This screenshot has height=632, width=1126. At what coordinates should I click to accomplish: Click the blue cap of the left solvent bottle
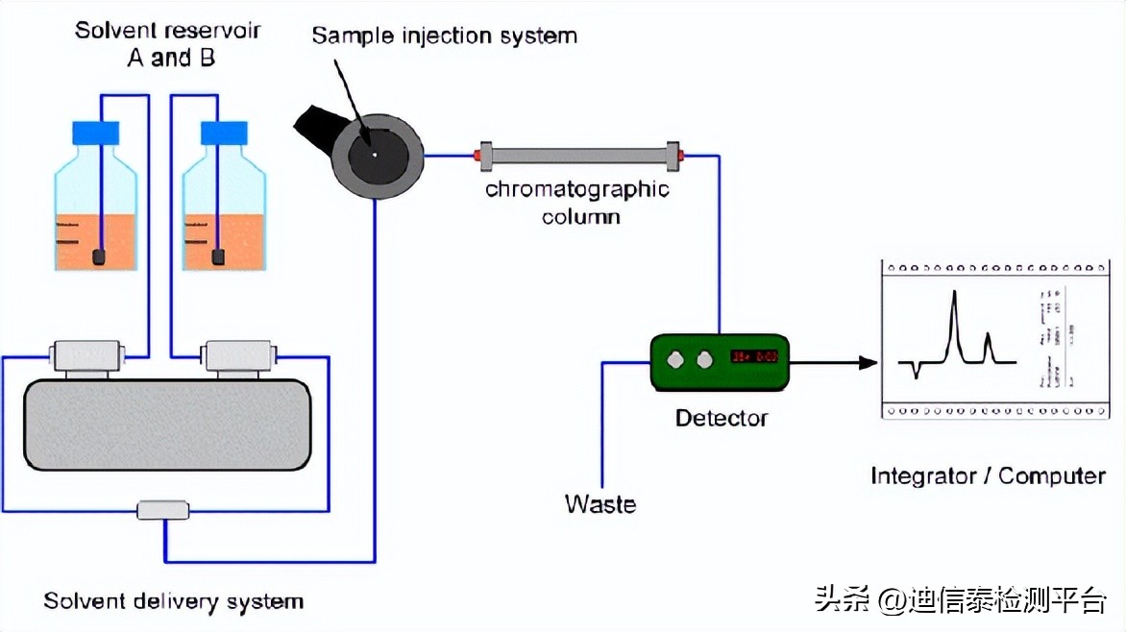96,133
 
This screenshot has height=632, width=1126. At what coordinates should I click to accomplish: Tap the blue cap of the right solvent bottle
224,133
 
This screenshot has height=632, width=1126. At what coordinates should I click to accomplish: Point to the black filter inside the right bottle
218,256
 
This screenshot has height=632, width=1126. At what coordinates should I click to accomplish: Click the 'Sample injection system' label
444,36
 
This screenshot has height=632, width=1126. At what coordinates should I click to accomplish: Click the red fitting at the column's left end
477,155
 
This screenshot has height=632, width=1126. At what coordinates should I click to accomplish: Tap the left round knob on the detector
677,359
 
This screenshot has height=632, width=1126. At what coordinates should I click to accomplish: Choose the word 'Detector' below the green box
721,418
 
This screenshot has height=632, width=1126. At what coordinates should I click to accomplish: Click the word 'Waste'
600,503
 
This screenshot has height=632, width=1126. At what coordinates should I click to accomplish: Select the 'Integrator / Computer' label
988,475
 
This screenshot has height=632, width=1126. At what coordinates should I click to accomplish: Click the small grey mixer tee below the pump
163,510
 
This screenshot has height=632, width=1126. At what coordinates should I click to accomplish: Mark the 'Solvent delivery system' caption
173,602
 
